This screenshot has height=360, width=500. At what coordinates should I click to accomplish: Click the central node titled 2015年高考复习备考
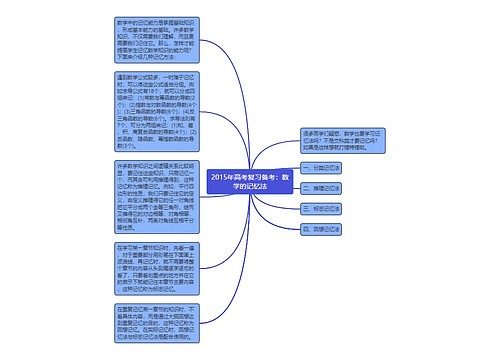[249, 179]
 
